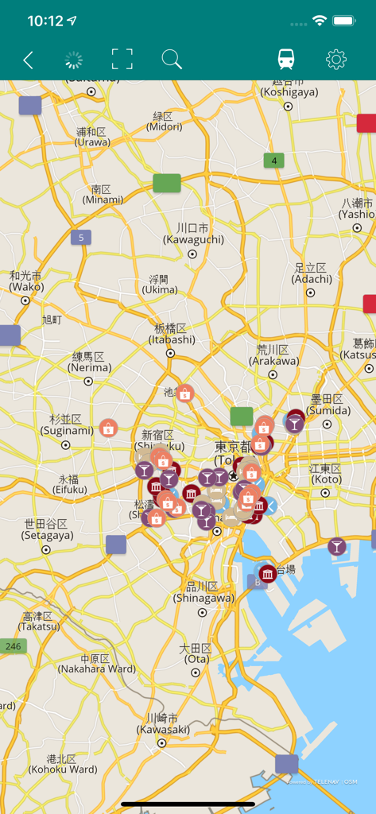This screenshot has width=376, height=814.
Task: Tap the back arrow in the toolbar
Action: [x=28, y=60]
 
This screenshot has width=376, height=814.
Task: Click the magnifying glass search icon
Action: [x=172, y=60]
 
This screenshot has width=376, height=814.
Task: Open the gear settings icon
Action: [x=336, y=60]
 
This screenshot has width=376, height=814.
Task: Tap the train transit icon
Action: [x=285, y=60]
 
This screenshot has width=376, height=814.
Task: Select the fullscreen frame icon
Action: [x=122, y=60]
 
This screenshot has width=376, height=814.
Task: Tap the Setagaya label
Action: [x=45, y=529]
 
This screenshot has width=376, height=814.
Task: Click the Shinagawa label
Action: [x=204, y=592]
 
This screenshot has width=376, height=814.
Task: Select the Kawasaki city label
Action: [x=162, y=723]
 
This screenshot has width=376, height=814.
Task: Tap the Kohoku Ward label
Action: [x=62, y=764]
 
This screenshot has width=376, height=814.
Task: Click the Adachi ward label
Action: [x=312, y=273]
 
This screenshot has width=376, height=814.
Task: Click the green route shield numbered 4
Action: [x=273, y=161]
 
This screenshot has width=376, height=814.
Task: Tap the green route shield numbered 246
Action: [x=13, y=646]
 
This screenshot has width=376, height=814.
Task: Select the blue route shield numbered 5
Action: [x=80, y=237]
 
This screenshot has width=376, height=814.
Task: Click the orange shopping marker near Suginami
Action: [x=108, y=428]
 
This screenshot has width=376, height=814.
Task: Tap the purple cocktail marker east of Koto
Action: [x=337, y=546]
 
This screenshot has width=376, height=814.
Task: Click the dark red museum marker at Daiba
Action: [x=268, y=573]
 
